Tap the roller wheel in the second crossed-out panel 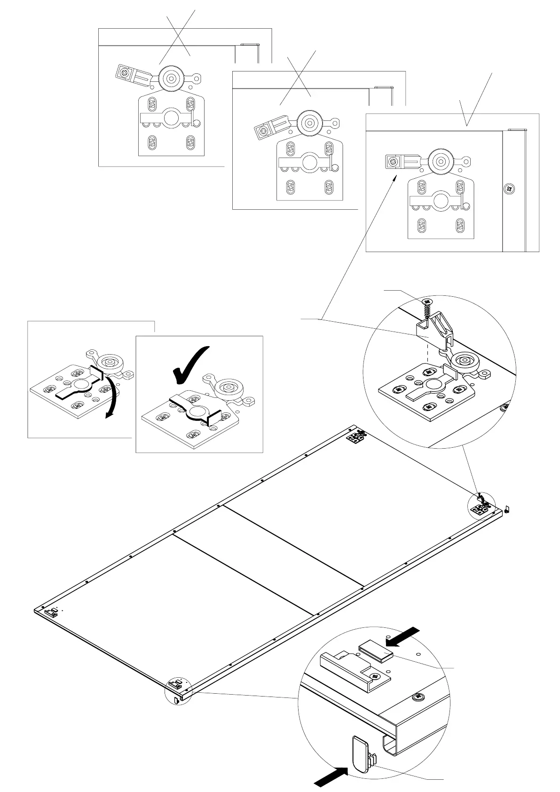point(309,120)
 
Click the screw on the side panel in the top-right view point(510,189)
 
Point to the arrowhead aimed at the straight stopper point(396,176)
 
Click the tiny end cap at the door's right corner point(507,508)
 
